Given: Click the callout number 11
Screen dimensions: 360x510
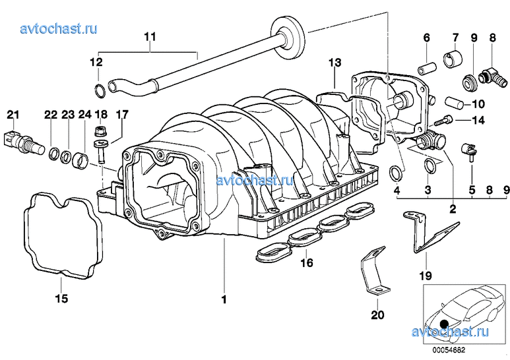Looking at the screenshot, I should pos(150,37).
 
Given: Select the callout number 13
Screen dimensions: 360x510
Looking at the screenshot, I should pos(335,63).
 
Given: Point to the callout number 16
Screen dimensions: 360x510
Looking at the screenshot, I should pos(305,263).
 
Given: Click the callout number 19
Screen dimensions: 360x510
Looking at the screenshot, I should pos(424,276).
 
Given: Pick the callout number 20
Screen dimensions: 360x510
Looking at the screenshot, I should pos(377,315).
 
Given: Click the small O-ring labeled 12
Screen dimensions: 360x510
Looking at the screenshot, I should pos(97,90).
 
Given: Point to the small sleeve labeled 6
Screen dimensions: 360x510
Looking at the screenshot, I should pos(426,67).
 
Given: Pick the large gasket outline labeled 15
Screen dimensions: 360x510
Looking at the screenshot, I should pos(59,234).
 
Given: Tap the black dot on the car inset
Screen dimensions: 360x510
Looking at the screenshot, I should pos(444,324).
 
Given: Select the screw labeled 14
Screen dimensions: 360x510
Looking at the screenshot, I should pos(445,121).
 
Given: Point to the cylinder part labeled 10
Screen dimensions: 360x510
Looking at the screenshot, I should pos(454,102).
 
